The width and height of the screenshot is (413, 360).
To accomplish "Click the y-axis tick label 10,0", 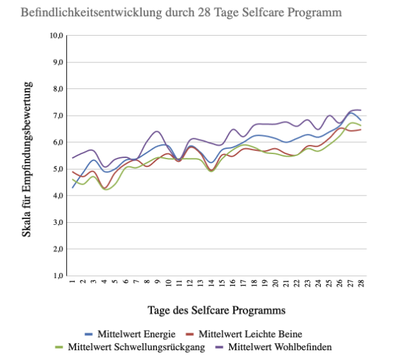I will [x=56, y=36].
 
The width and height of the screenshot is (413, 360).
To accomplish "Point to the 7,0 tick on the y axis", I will [x=58, y=116].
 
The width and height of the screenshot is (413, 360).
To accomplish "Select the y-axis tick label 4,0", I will [x=58, y=196].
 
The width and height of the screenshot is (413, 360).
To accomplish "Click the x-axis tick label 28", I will [x=359, y=285].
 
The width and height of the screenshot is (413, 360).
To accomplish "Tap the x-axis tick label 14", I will [x=211, y=285].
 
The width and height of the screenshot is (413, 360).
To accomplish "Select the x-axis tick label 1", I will [x=73, y=284].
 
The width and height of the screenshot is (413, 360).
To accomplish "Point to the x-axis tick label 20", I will [x=275, y=285].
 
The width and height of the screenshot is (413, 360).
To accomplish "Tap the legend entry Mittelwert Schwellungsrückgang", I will [x=136, y=347].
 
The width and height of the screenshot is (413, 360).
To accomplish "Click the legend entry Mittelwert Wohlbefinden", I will [x=280, y=347].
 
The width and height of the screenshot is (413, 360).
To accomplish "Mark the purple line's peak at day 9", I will [x=157, y=132].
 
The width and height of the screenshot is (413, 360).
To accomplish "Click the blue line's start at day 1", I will [x=73, y=187].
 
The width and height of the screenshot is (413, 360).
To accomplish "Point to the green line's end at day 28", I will [x=360, y=125].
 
